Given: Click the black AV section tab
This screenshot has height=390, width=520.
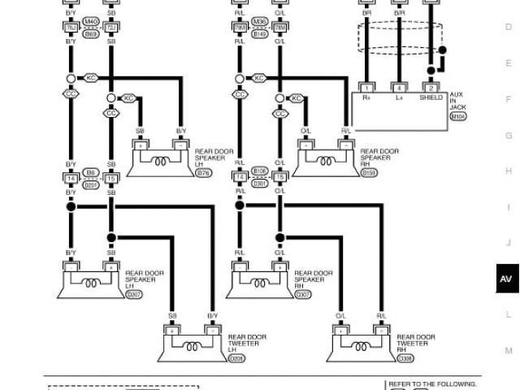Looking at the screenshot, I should (506, 279).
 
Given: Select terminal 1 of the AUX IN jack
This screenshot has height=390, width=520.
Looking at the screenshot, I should (366, 87).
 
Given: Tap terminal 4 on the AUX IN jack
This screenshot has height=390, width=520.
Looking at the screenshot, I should (399, 87).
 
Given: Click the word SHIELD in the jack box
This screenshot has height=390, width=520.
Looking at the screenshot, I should (431, 97).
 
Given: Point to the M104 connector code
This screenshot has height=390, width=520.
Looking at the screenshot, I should (458, 116).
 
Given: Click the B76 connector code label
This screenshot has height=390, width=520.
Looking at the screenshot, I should (203, 173).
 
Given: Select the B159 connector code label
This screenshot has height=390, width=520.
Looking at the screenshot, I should (369, 173).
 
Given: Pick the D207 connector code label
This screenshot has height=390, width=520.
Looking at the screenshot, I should (133, 294).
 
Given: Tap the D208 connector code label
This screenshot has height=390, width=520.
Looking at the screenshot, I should (236, 357).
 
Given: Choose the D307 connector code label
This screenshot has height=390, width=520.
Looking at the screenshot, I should (302, 294).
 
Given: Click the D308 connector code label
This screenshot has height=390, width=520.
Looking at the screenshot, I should (406, 357).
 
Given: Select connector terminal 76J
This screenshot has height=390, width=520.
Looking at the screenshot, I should (71, 28).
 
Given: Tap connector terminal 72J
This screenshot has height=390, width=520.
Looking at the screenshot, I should (110, 28).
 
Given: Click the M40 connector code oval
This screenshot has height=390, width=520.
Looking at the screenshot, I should (91, 22).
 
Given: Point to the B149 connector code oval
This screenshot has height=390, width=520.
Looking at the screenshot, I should (260, 34).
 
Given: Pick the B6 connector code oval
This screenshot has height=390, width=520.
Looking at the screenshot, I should (91, 172).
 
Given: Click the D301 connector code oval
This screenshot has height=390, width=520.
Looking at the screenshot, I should (260, 184).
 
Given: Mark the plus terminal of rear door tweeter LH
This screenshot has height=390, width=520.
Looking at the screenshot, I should (172, 331).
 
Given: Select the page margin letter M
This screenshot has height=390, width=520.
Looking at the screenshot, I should (509, 351).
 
